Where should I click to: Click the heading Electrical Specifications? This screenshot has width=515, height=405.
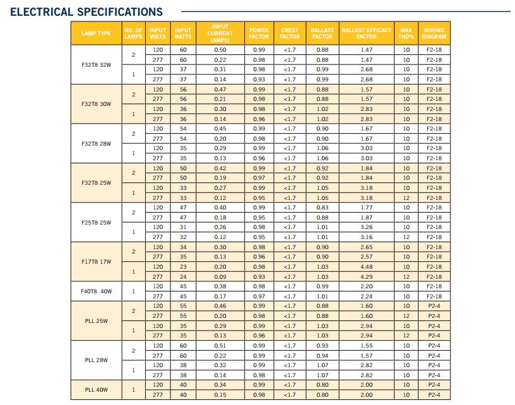point(86,12)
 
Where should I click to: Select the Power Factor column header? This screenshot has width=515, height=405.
point(259,33)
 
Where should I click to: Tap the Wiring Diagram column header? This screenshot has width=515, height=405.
point(434,33)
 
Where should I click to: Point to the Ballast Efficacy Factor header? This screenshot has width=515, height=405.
point(366,33)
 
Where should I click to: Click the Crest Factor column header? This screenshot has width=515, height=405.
point(290,33)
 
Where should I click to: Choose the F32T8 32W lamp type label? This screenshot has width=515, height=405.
point(97,64)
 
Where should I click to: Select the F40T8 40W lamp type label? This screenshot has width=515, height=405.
point(97,291)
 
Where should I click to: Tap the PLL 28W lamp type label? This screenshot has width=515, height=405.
point(97,360)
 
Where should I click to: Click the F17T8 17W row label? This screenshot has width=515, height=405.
point(97,262)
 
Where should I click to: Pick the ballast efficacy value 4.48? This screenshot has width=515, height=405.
point(366,267)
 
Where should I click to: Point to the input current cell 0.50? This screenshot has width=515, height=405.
point(220,50)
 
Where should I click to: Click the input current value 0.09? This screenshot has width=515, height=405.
point(220,276)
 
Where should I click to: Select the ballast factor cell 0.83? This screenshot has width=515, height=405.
point(322,208)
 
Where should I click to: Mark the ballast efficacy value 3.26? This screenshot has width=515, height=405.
point(366,227)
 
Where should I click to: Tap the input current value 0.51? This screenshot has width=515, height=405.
point(220,346)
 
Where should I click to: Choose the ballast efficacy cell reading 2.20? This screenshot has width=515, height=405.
point(366,286)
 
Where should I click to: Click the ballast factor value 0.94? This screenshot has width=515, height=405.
point(322,355)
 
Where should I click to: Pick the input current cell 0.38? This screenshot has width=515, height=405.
point(220,286)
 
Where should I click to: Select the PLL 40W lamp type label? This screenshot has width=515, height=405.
point(97,390)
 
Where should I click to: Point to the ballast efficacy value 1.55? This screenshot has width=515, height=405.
point(366,346)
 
